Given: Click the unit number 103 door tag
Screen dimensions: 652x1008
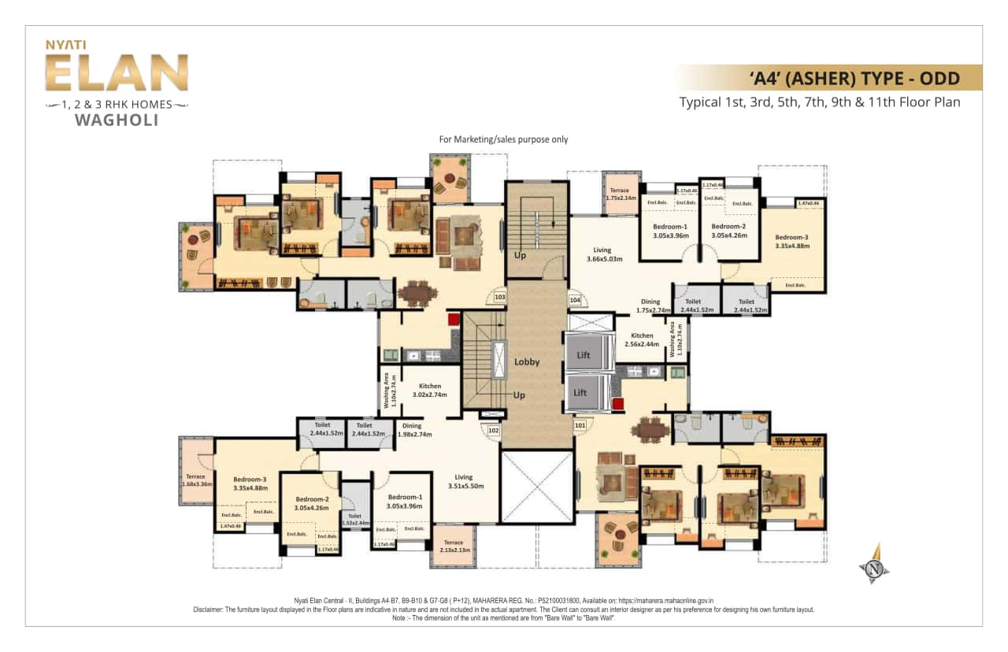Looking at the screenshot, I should (499, 298).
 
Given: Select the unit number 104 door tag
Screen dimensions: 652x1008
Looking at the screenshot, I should (574, 300).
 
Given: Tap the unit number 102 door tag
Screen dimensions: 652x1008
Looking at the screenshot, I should (494, 431).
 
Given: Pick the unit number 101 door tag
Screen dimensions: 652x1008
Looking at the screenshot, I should (580, 425).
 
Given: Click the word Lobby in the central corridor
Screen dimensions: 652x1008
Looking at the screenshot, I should (527, 362).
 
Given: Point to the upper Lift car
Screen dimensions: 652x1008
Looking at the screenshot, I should (586, 355).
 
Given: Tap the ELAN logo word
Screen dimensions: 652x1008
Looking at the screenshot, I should (116, 74).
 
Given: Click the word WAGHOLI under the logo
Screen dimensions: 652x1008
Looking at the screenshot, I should (116, 120).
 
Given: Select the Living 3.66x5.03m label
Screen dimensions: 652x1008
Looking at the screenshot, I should (604, 254).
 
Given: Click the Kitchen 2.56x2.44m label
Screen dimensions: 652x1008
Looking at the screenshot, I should (642, 340).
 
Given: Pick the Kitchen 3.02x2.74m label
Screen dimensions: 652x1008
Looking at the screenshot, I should (430, 391).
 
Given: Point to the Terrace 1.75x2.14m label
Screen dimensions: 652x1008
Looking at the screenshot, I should (620, 195).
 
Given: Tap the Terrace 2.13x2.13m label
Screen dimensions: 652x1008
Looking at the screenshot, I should (454, 546).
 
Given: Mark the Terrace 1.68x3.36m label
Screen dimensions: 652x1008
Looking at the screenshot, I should (195, 480).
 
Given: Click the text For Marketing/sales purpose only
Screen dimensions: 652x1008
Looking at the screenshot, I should (503, 139).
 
